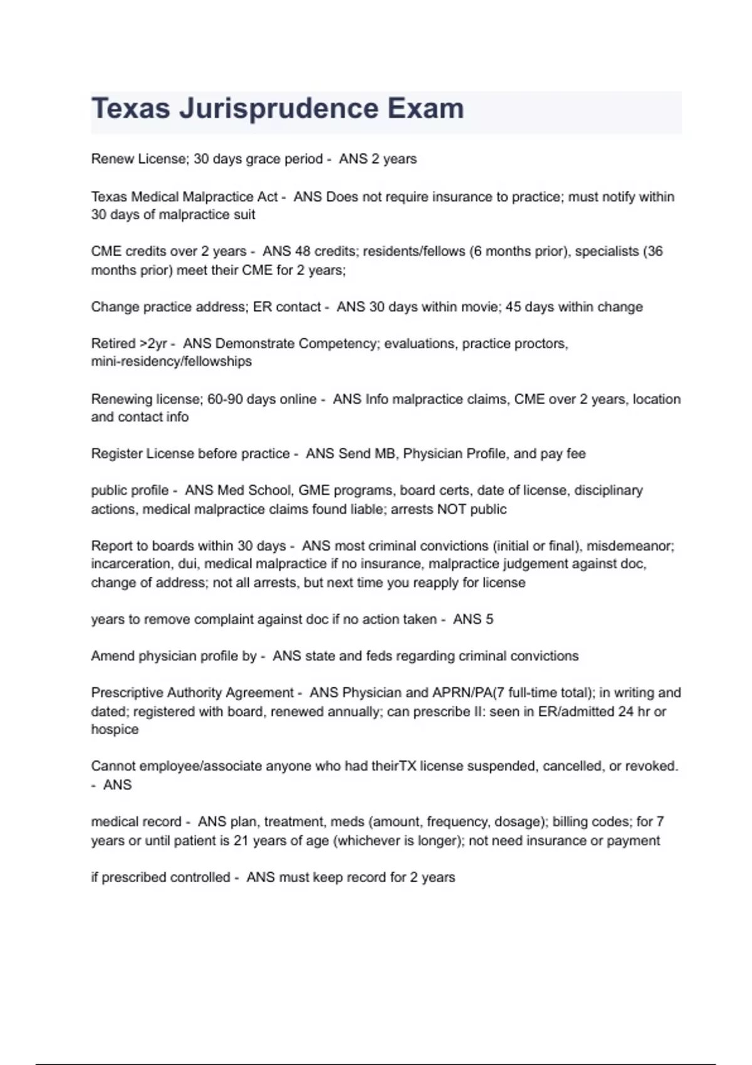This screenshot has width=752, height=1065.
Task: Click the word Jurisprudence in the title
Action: point(279,109)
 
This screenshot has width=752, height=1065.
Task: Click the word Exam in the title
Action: point(426,109)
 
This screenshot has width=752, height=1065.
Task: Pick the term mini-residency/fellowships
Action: point(171,361)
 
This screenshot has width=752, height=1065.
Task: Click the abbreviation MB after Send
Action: point(385,454)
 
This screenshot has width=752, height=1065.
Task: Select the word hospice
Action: point(115,730)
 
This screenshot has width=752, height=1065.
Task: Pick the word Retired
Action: point(113,344)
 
